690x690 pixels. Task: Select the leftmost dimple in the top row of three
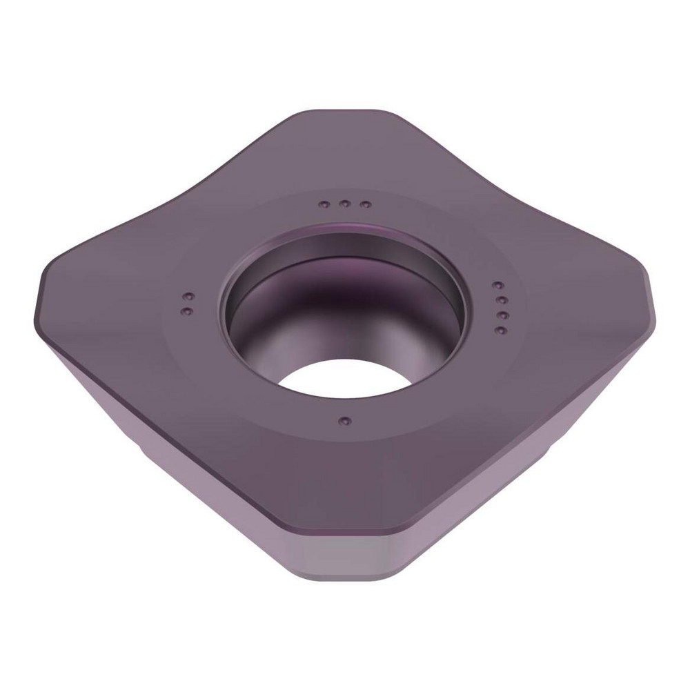pos(324,204)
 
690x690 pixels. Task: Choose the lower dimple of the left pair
pos(184,313)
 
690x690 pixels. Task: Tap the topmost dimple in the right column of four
pos(496,284)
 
